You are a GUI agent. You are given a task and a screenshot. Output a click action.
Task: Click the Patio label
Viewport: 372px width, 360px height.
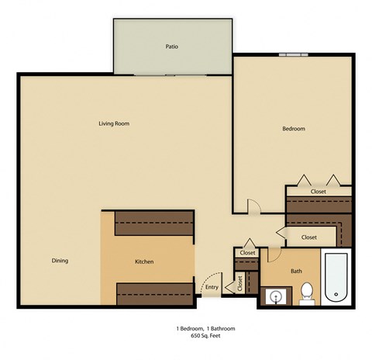click(172, 47)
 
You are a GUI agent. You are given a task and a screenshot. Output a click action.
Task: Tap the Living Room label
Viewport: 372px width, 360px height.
click(113, 123)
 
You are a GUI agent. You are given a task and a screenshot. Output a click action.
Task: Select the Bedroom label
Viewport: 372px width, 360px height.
click(294, 129)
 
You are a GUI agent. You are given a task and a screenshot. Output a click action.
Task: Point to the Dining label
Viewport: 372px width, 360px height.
click(60, 261)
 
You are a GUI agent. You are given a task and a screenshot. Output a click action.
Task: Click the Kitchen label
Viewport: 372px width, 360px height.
click(145, 261)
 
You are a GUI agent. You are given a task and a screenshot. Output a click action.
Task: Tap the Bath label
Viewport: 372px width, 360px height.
click(296, 271)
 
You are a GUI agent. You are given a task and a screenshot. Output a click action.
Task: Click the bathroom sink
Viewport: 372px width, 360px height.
click(276, 296)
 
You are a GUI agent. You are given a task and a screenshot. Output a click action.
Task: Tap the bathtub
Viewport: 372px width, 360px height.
click(337, 278)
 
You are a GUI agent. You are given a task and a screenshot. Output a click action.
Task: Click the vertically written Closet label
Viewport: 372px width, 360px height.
click(240, 283)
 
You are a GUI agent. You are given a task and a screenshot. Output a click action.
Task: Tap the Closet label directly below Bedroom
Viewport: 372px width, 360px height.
click(319, 191)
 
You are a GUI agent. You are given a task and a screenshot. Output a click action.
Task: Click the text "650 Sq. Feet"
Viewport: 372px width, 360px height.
click(205, 335)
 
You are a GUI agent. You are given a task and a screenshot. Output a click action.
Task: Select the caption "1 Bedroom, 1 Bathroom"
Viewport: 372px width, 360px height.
click(205, 328)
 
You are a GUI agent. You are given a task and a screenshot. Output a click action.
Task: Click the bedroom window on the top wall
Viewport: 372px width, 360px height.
click(295, 54)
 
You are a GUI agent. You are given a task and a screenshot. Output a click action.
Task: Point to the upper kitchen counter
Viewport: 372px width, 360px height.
click(153, 224)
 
